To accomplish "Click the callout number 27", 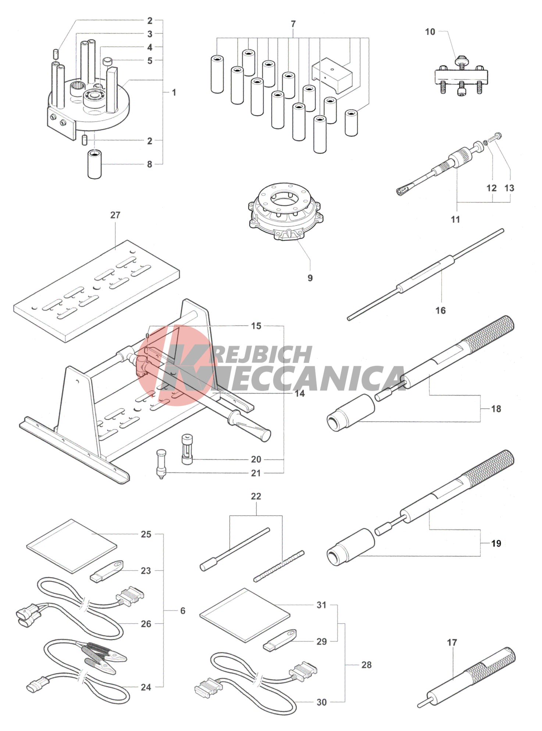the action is tap(115, 215).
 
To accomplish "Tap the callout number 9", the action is tap(310, 278).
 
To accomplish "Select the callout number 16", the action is tap(441, 311).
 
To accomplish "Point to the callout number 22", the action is tap(256, 496).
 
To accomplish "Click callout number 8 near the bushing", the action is tap(150, 164).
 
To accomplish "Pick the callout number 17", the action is tap(452, 642).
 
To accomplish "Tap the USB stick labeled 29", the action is tap(280, 641).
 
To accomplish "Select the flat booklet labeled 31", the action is tap(245, 616).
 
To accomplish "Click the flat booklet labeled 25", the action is tap(72, 546).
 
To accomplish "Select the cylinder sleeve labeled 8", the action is tap(95, 164).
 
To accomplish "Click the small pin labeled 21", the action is tap(161, 464).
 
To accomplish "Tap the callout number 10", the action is tap(430, 32).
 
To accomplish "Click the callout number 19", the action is tap(496, 543).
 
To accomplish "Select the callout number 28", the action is tap(366, 665).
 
